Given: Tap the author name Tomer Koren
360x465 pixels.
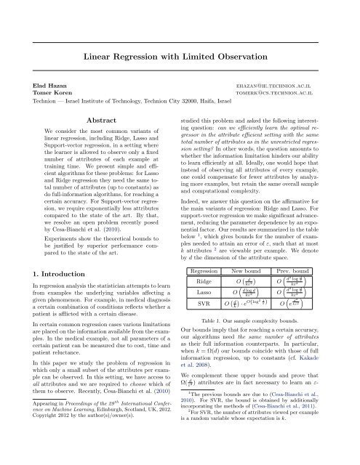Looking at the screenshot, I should [x=50, y=94].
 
